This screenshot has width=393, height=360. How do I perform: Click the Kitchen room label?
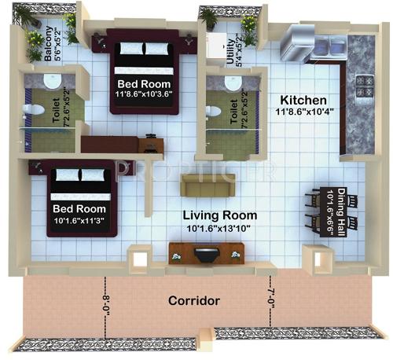(303, 101)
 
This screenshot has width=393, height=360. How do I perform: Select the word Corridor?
(193, 300)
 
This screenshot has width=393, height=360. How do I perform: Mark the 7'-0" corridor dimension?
(272, 300)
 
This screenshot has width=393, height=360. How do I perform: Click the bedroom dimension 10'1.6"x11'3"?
(80, 221)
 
